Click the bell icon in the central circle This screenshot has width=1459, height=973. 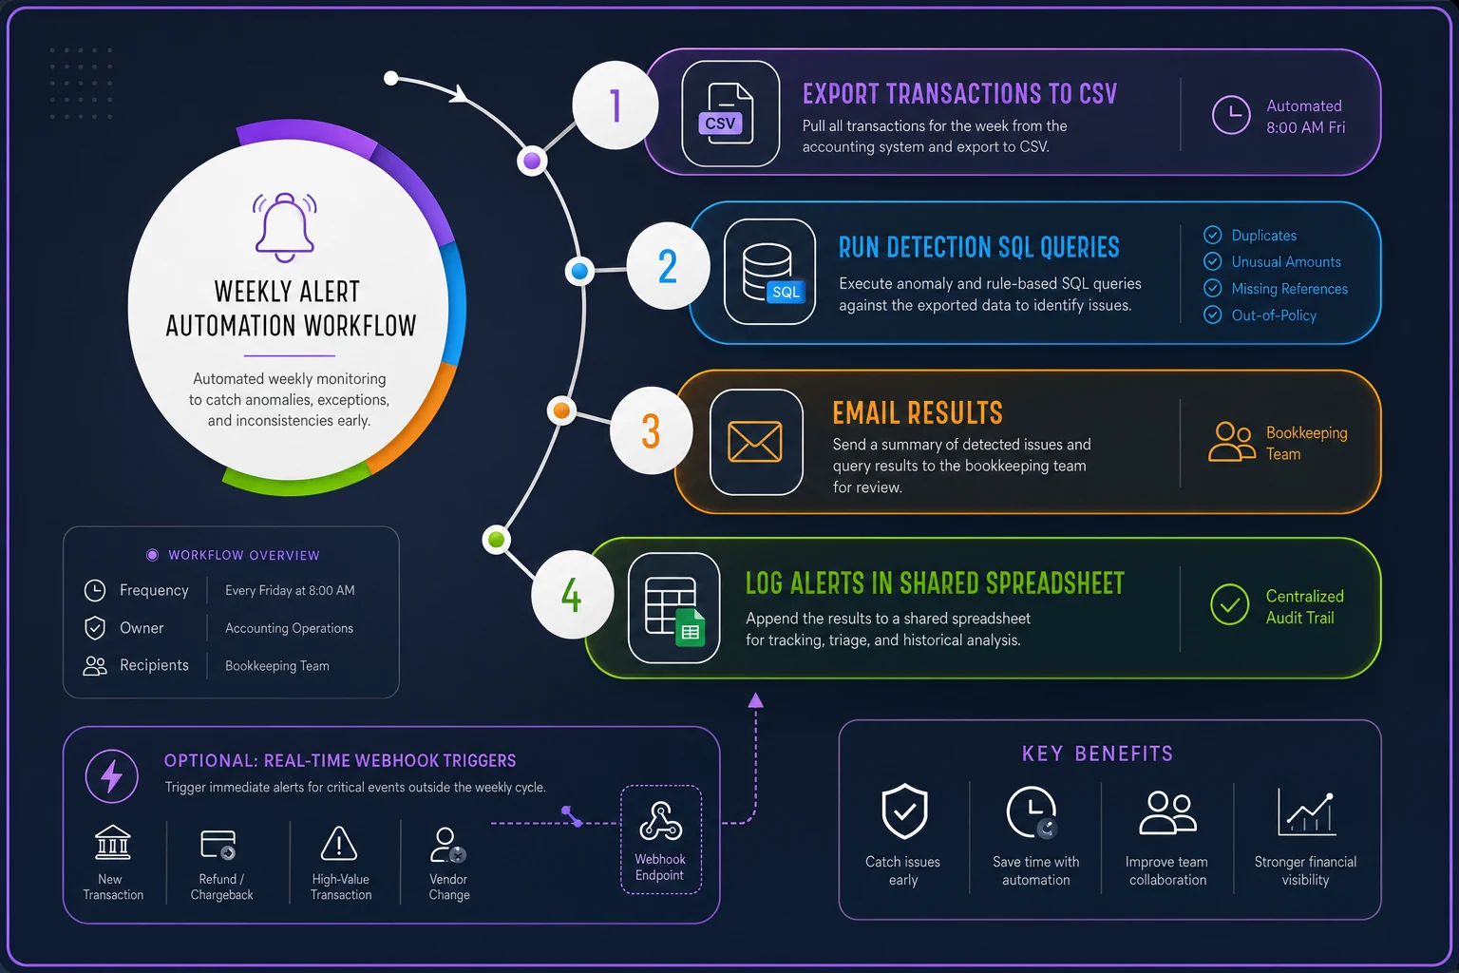click(x=285, y=227)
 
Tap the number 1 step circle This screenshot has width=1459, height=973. click(x=615, y=105)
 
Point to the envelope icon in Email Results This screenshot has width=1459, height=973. click(x=755, y=442)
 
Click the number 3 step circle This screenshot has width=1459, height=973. click(x=651, y=430)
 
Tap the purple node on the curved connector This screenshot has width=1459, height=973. click(x=532, y=161)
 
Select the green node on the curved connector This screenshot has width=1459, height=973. click(x=497, y=540)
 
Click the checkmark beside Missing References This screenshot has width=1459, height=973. click(x=1212, y=288)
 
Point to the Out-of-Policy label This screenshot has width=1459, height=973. click(x=1274, y=315)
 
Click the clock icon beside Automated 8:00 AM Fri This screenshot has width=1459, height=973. click(x=1231, y=115)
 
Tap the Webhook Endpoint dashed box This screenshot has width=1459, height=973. click(x=660, y=839)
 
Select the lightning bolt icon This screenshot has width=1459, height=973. click(x=112, y=775)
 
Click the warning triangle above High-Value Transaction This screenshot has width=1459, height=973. click(x=339, y=844)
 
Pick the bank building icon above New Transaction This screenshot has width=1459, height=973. click(x=113, y=842)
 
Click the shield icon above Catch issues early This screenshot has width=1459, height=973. click(x=904, y=811)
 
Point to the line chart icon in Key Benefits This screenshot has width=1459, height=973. click(x=1306, y=812)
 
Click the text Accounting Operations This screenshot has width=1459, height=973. click(x=289, y=628)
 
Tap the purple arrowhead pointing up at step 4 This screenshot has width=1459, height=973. click(x=755, y=700)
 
